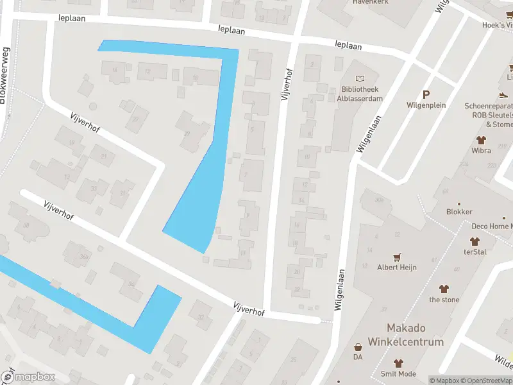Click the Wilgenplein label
click(x=426, y=105)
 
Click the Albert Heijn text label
click(x=396, y=267)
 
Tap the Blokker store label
click(x=459, y=212)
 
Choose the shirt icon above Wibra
click(x=480, y=139)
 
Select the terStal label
click(x=475, y=252)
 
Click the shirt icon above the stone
click(x=444, y=289)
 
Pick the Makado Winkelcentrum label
click(x=405, y=334)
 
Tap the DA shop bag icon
click(x=358, y=347)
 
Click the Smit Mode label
click(x=398, y=374)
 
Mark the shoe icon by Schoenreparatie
click(x=504, y=95)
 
